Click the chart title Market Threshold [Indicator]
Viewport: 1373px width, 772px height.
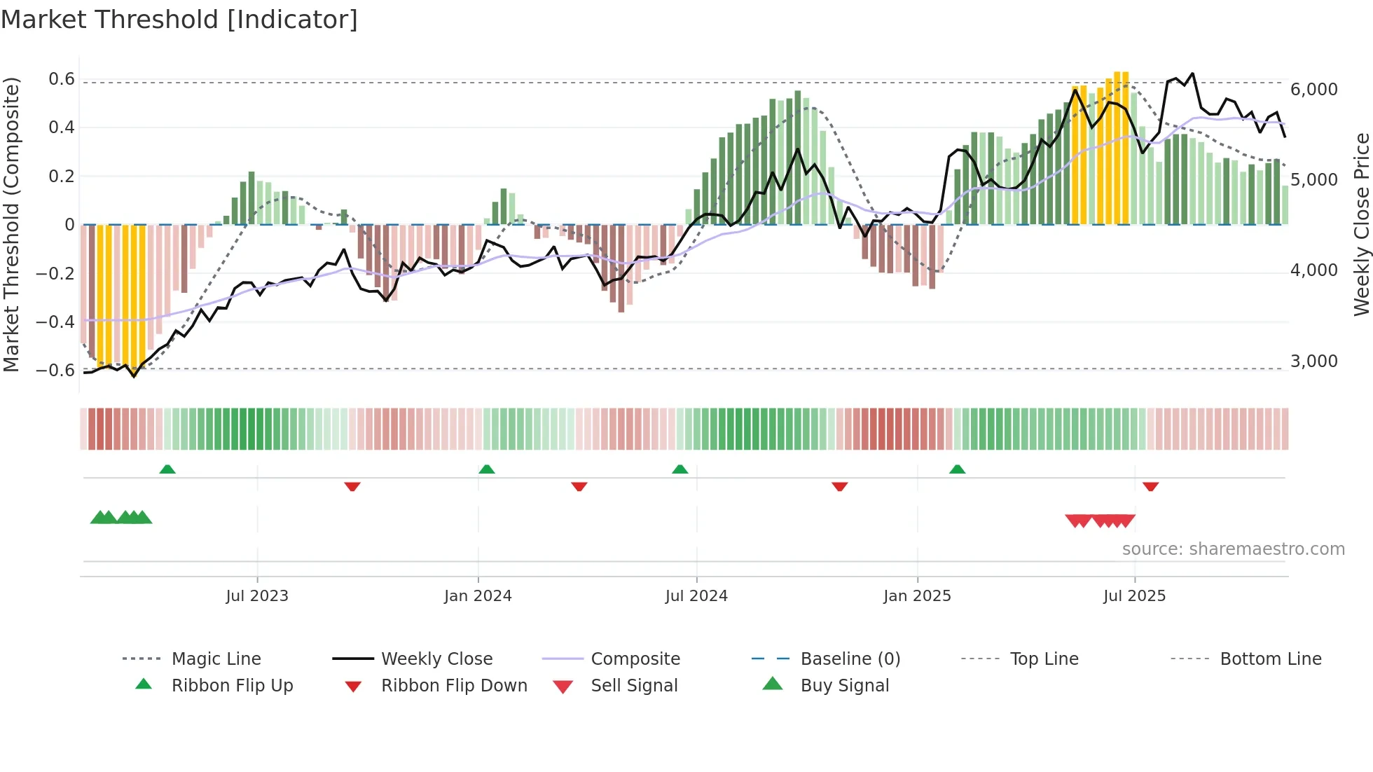click(x=179, y=20)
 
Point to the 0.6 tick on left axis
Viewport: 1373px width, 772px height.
click(x=62, y=79)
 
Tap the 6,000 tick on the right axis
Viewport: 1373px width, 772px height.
click(x=1314, y=90)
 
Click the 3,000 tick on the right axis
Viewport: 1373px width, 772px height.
click(x=1314, y=361)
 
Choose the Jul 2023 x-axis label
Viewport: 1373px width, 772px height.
click(x=257, y=596)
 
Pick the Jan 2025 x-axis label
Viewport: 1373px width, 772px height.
click(x=917, y=596)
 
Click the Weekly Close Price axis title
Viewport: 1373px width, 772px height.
click(x=1361, y=224)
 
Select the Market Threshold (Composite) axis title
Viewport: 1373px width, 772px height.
click(x=11, y=224)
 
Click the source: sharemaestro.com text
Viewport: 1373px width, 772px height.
click(x=1233, y=549)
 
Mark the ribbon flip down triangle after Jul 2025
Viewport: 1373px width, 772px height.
click(x=1150, y=486)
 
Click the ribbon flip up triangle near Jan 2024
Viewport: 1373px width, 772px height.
click(x=487, y=469)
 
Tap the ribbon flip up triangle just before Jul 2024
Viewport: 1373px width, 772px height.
click(x=679, y=469)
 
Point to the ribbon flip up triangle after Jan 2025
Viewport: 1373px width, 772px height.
click(x=957, y=469)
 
